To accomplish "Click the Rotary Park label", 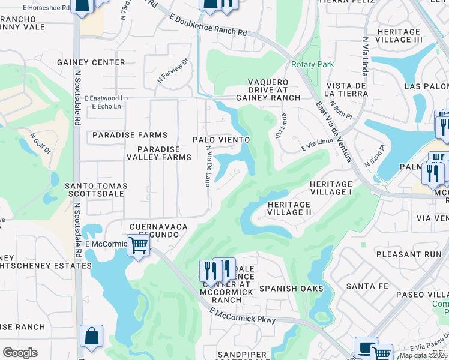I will tap(312, 64).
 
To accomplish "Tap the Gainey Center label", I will tap(91, 62).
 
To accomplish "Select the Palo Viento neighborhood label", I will tap(221, 139).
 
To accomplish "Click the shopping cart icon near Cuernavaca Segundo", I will tap(138, 245).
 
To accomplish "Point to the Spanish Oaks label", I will tap(291, 289).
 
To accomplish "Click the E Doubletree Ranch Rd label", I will tap(208, 26).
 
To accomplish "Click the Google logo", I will tap(20, 352).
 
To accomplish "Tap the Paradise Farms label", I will tap(130, 135).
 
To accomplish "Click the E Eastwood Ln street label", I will tap(106, 98).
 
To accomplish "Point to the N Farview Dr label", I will tap(173, 70).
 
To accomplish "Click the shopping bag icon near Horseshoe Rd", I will tap(83, 4).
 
